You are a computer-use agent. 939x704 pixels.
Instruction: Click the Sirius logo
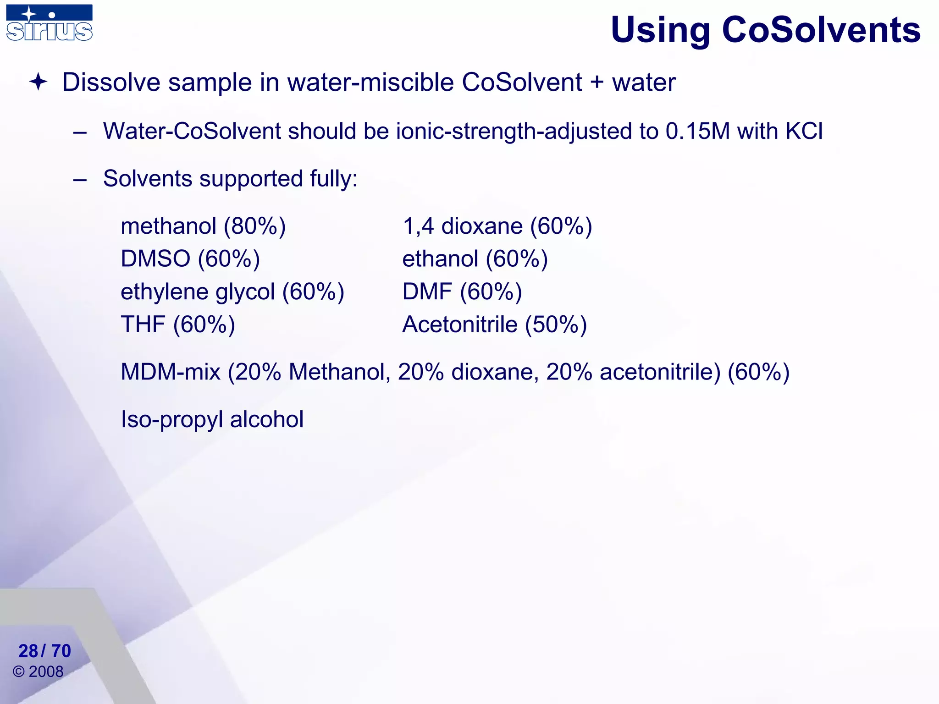49,23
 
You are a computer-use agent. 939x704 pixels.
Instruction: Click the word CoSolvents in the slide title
821,30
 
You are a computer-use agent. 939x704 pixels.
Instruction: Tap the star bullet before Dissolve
38,82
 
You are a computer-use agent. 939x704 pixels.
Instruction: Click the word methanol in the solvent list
168,226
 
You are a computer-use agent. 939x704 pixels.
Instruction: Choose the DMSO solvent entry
155,259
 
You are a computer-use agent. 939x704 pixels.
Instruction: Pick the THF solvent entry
143,324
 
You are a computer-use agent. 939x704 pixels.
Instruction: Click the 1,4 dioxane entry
463,226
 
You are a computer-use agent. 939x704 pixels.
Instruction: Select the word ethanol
440,259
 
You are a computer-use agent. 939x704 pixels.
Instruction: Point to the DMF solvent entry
427,292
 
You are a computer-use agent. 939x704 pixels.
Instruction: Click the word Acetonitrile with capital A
460,324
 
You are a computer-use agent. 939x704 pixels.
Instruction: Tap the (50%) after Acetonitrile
556,324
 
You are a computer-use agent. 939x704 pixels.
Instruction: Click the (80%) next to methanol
254,226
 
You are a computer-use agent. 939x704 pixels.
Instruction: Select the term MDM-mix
171,372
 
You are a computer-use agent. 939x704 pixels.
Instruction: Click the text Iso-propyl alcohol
212,419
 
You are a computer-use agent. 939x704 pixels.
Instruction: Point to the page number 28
28,651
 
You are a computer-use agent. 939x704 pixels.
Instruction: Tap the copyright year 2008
46,671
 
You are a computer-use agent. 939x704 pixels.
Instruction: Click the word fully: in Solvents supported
333,178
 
